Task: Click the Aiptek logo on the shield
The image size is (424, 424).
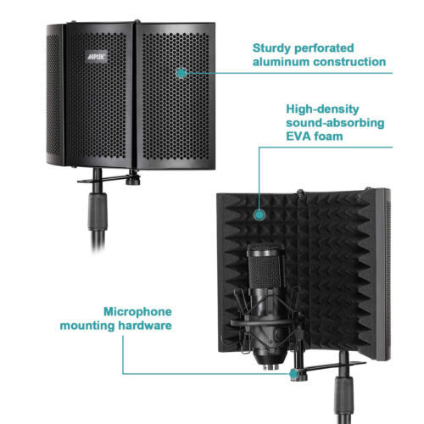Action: [x=97, y=57]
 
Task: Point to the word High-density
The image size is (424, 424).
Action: [x=322, y=109]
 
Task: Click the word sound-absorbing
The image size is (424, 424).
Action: [x=335, y=123]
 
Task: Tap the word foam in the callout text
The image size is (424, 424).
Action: [x=329, y=137]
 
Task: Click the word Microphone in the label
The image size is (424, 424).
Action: [x=137, y=312]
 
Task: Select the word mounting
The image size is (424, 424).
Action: [x=87, y=326]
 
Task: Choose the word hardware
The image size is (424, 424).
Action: [x=145, y=326]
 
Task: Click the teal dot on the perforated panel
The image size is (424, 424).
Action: [x=181, y=73]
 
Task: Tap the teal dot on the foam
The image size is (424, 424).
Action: [x=259, y=215]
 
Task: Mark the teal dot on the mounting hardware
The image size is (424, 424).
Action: [x=294, y=374]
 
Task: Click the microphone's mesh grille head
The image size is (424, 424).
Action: [x=265, y=266]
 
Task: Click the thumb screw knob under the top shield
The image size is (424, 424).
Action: [x=133, y=181]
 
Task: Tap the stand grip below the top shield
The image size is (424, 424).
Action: [x=98, y=211]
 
